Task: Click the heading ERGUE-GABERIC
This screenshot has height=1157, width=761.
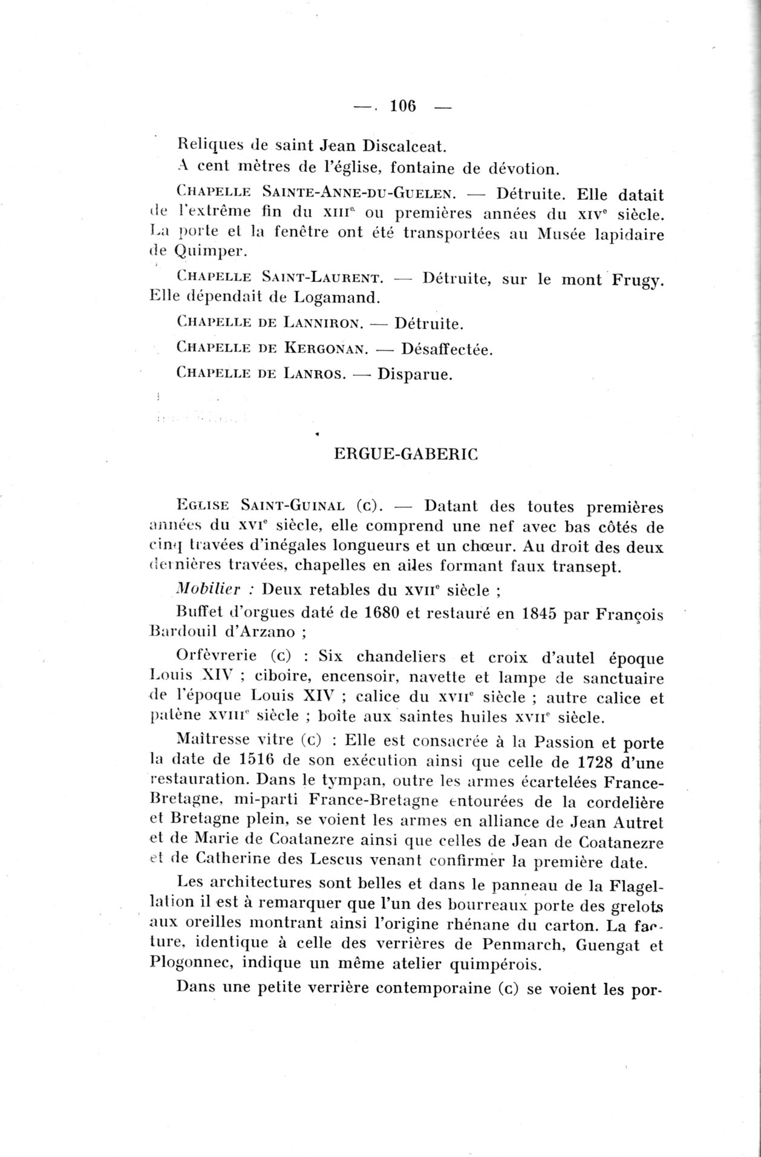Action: (406, 455)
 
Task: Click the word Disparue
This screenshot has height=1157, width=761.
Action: (415, 374)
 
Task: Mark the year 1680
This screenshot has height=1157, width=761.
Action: (382, 614)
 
